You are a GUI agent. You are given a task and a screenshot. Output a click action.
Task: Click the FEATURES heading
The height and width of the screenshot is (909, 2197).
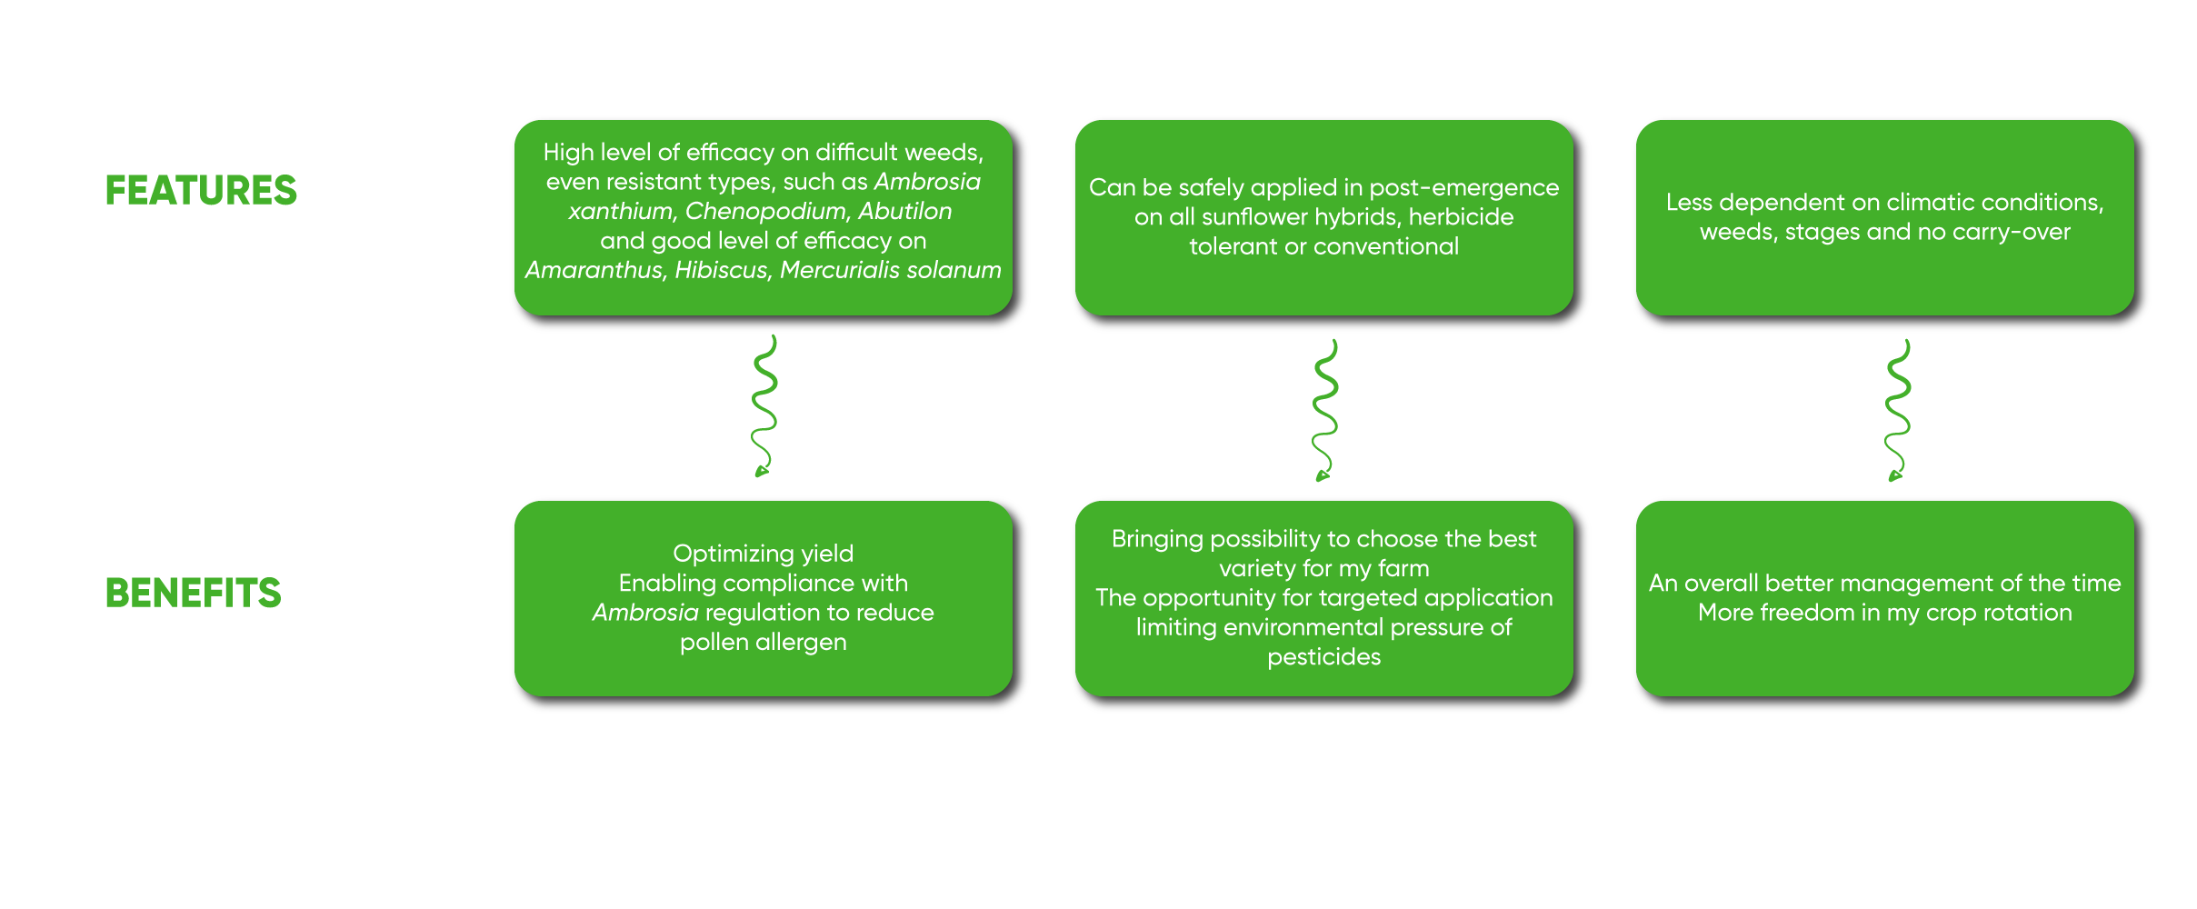tap(201, 191)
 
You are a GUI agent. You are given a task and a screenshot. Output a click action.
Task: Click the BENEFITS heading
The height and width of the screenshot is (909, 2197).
tap(194, 594)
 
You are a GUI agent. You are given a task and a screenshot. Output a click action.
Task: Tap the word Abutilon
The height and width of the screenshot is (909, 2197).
tap(905, 211)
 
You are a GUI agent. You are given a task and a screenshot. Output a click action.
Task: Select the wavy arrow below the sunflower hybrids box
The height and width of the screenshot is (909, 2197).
tap(1325, 410)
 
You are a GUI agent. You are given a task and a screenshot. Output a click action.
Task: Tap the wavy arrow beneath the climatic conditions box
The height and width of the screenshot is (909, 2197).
tap(1897, 410)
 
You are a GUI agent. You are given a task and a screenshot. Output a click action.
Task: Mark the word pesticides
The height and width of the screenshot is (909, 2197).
tap(1324, 657)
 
